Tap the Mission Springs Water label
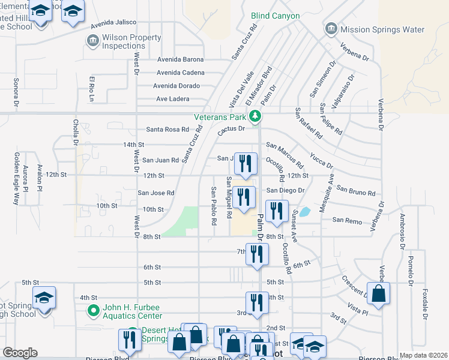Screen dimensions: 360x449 click(382, 29)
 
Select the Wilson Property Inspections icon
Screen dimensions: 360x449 click(93, 41)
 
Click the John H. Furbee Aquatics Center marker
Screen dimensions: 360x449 click(92, 311)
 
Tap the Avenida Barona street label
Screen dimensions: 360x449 click(180, 59)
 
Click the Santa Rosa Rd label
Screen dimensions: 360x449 click(167, 129)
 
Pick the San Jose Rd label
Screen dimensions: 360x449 click(155, 193)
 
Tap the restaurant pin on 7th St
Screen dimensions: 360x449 click(257, 254)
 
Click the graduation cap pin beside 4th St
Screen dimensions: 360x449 click(44, 298)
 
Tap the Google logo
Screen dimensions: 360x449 click(20, 353)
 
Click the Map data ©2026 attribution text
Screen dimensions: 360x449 click(423, 355)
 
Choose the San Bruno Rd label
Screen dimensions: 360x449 click(355, 191)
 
